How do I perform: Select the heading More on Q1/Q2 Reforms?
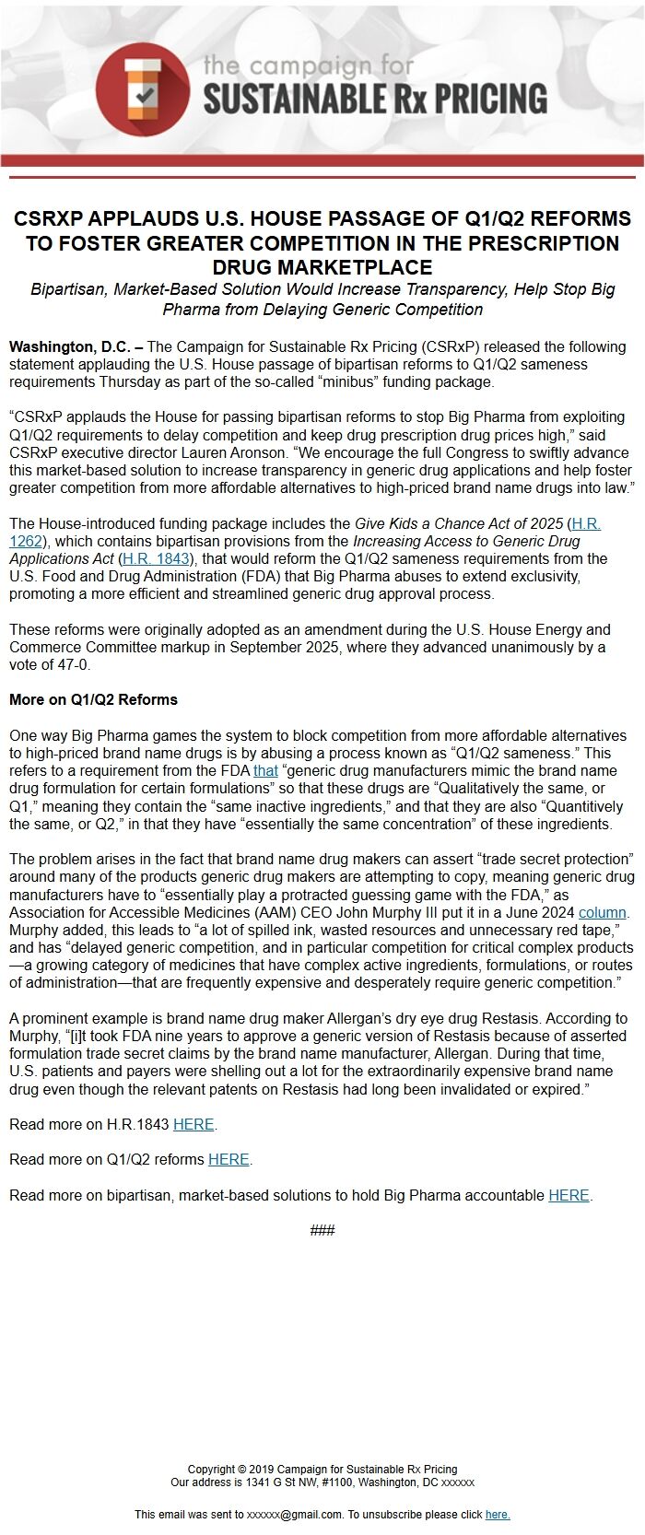click(93, 699)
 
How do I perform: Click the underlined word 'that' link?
click(265, 770)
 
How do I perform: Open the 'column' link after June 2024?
click(603, 912)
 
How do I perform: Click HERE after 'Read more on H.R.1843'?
click(193, 1124)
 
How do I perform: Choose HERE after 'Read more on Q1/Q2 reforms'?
click(229, 1159)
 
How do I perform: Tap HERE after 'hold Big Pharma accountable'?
click(569, 1195)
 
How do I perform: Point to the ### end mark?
click(322, 1230)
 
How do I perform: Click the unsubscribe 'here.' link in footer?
click(498, 1514)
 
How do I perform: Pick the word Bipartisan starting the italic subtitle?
click(69, 289)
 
